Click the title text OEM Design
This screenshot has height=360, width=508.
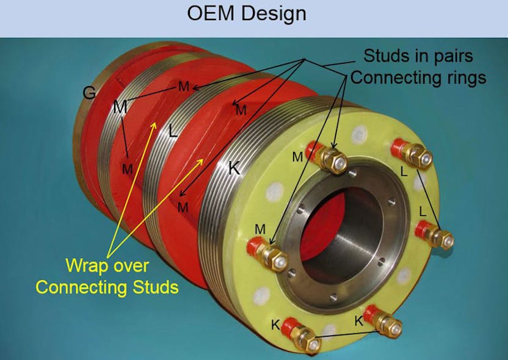[x=254, y=14]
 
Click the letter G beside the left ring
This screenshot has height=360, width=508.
[x=89, y=93]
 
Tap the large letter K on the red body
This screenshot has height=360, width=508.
[x=234, y=168]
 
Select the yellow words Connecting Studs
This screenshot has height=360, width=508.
[x=107, y=286]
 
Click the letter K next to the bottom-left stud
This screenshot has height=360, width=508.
[x=275, y=325]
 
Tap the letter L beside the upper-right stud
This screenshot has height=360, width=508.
[x=404, y=173]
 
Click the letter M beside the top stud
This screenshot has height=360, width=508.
[x=297, y=157]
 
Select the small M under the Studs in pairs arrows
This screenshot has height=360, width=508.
[x=241, y=110]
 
